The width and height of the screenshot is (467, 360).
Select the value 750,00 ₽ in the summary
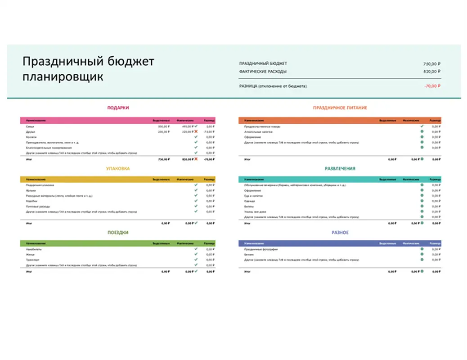pos(431,64)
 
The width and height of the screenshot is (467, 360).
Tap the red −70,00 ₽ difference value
pos(431,86)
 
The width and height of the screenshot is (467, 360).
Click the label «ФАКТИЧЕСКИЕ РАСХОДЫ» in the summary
pos(263,72)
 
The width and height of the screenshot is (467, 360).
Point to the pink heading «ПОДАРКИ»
pos(118,108)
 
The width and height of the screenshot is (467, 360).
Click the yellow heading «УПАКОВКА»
pos(118,169)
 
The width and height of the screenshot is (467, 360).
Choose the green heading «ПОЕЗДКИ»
pos(118,233)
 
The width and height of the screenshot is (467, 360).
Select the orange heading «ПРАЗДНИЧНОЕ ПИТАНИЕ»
pos(340,108)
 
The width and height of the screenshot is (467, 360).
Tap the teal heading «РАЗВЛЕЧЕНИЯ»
pos(340,169)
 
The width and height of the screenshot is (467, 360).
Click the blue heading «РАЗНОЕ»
pos(340,233)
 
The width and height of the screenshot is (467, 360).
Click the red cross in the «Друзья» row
pos(196,132)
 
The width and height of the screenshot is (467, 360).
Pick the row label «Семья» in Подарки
pos(30,127)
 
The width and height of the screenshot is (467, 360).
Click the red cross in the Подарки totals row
pos(196,159)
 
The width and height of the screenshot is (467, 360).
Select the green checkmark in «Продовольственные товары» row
pos(422,126)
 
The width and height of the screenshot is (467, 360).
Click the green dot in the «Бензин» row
pos(422,254)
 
